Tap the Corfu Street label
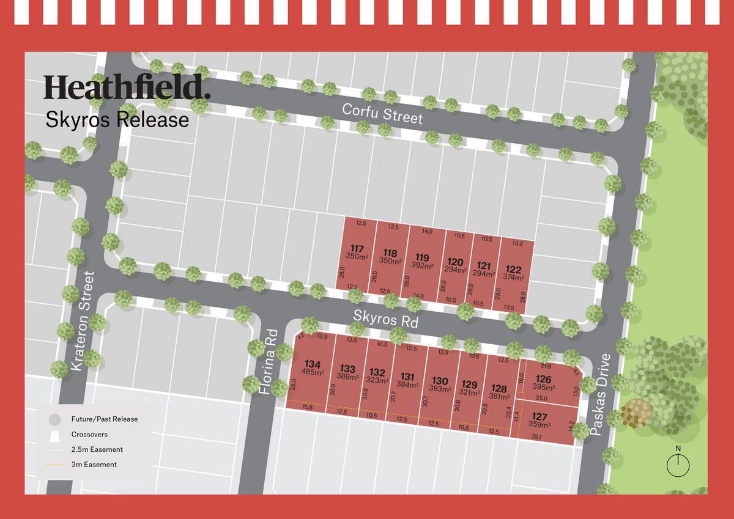click(x=382, y=113)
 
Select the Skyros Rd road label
click(x=385, y=318)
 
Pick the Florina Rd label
click(x=270, y=361)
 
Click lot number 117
click(x=357, y=248)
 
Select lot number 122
click(x=514, y=270)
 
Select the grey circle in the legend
click(x=54, y=419)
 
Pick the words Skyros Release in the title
click(x=117, y=120)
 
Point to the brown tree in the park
click(x=636, y=413)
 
